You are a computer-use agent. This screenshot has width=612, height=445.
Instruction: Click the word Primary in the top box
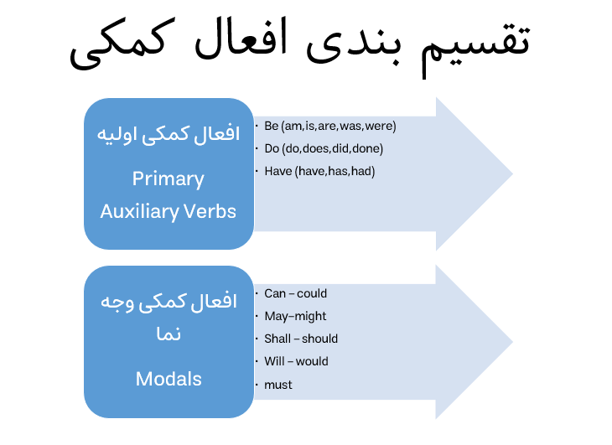click(169, 179)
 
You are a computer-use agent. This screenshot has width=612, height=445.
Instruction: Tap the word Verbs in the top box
click(210, 211)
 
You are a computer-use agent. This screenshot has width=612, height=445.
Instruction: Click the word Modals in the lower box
click(169, 379)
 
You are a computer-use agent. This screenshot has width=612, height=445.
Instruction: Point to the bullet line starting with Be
click(330, 126)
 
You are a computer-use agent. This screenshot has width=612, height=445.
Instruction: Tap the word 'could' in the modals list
click(312, 293)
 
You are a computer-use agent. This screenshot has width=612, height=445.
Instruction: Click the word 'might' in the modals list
click(311, 316)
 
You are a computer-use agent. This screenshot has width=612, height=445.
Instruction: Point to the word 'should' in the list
click(319, 339)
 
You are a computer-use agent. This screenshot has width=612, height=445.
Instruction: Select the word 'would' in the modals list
click(312, 361)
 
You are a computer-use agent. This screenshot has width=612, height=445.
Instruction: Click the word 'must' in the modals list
click(277, 385)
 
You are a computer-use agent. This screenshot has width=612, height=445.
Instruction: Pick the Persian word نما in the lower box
click(169, 334)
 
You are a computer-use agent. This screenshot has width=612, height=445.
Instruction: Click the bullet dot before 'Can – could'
click(257, 293)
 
